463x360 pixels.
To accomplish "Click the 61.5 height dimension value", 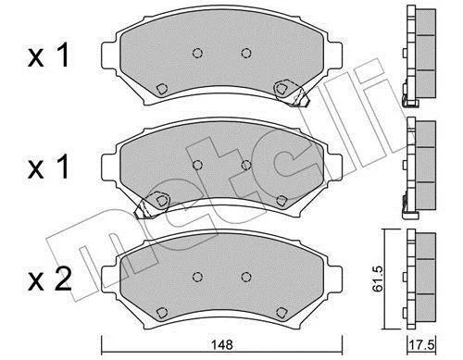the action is click(377, 279).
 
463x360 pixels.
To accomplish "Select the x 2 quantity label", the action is click(49, 280).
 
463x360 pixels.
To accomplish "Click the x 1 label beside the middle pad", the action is click(48, 167).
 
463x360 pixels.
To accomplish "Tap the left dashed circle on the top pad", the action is click(197, 53).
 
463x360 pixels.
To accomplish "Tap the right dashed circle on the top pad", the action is click(246, 53).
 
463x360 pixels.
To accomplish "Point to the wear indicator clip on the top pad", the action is click(292, 93).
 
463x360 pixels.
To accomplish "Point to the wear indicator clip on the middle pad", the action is click(151, 205).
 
